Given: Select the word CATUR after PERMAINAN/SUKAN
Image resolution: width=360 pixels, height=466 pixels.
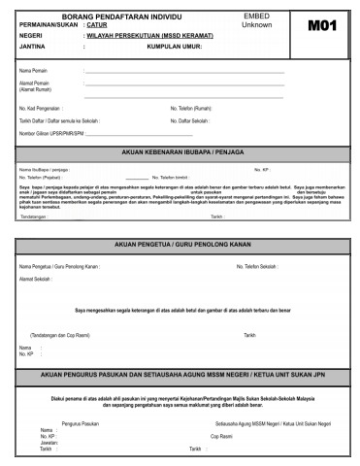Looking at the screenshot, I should point(97,25).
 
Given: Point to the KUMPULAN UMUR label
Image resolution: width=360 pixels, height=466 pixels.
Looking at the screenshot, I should point(188,46).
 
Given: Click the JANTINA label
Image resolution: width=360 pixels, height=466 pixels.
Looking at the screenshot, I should point(32,46).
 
